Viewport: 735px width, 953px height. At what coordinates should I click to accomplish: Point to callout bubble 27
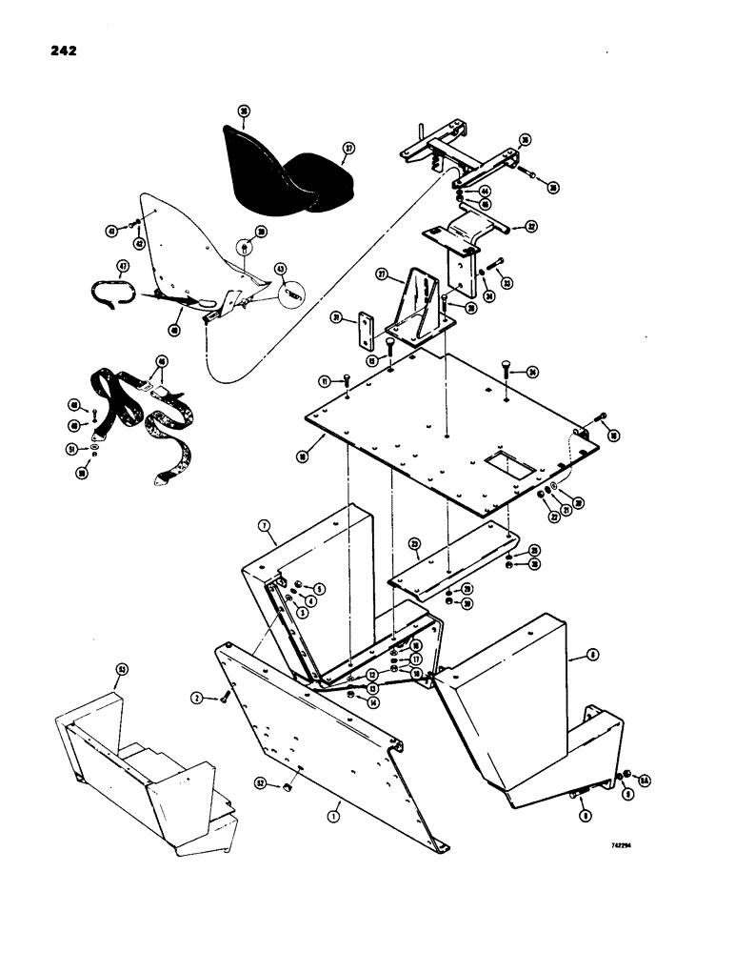(383, 274)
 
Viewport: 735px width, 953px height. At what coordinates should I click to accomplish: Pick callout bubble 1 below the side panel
(334, 817)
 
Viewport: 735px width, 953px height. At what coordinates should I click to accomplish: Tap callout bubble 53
(121, 671)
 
